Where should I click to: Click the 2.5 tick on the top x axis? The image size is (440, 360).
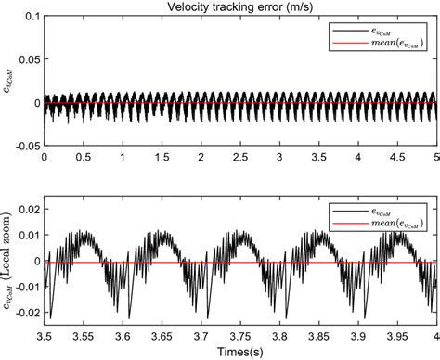240,158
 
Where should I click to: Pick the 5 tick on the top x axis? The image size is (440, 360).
436,158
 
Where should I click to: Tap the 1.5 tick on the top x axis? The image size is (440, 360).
162,158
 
